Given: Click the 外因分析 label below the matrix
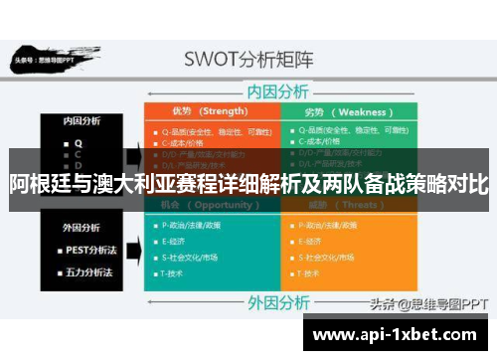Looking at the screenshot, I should tap(279, 299).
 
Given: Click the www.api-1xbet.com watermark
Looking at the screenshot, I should tap(397, 335).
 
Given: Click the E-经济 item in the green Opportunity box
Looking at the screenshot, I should tap(173, 241).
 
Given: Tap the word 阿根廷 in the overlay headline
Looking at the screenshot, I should tap(38, 183).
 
